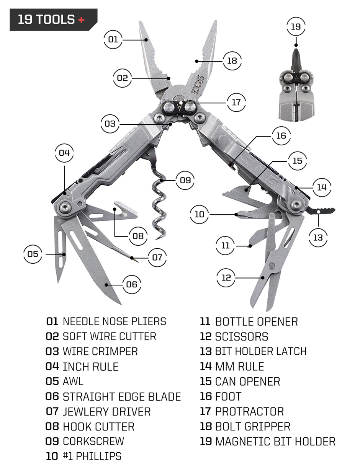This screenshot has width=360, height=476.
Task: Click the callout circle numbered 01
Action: (x=113, y=39)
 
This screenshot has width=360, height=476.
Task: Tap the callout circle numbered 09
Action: (x=185, y=179)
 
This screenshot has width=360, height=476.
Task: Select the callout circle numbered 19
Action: (x=296, y=27)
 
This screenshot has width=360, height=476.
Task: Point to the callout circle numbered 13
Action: (x=318, y=237)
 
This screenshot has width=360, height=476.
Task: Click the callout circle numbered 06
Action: (x=131, y=284)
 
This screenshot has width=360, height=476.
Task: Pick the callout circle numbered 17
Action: (x=236, y=103)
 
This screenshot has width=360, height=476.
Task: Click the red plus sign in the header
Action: (x=81, y=20)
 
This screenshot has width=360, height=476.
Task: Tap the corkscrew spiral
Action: (x=159, y=207)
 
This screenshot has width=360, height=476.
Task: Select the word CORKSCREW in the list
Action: (x=93, y=441)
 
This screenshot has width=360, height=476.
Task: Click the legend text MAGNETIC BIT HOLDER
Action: (x=275, y=441)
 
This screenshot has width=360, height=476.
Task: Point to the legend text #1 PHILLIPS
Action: (x=92, y=456)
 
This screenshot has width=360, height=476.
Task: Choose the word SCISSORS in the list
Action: (x=241, y=336)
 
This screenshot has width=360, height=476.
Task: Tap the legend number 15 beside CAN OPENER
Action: (x=206, y=381)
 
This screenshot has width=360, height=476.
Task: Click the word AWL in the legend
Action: (x=73, y=381)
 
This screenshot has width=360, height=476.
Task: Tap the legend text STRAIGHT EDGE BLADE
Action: (x=121, y=396)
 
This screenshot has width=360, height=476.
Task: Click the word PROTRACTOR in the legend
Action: (x=249, y=411)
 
